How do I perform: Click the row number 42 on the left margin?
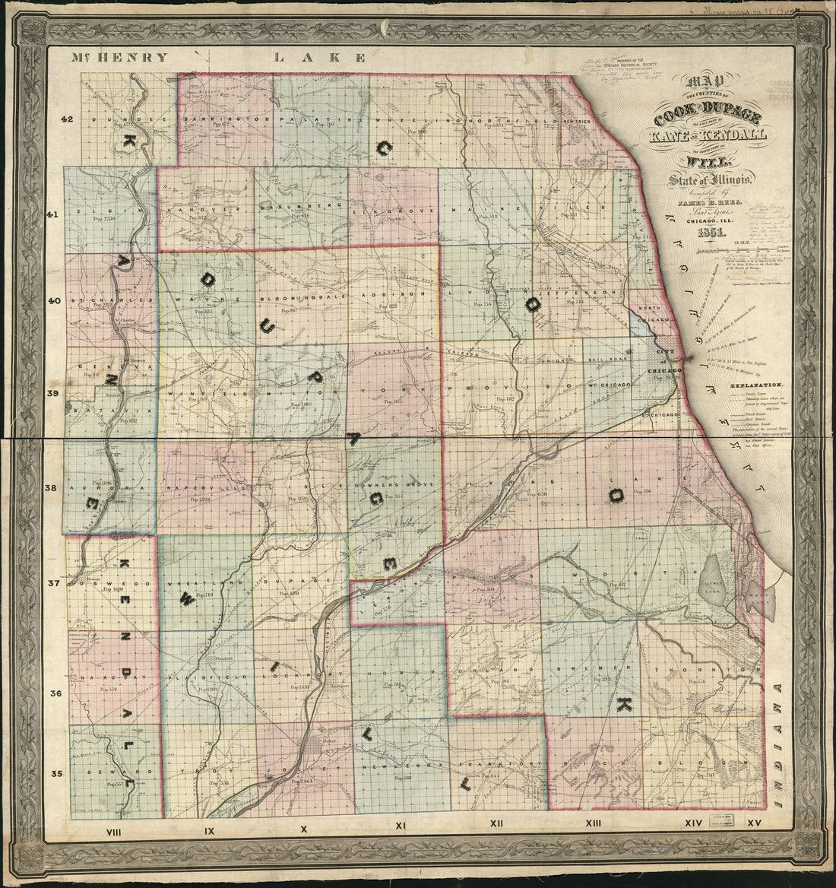68,119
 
